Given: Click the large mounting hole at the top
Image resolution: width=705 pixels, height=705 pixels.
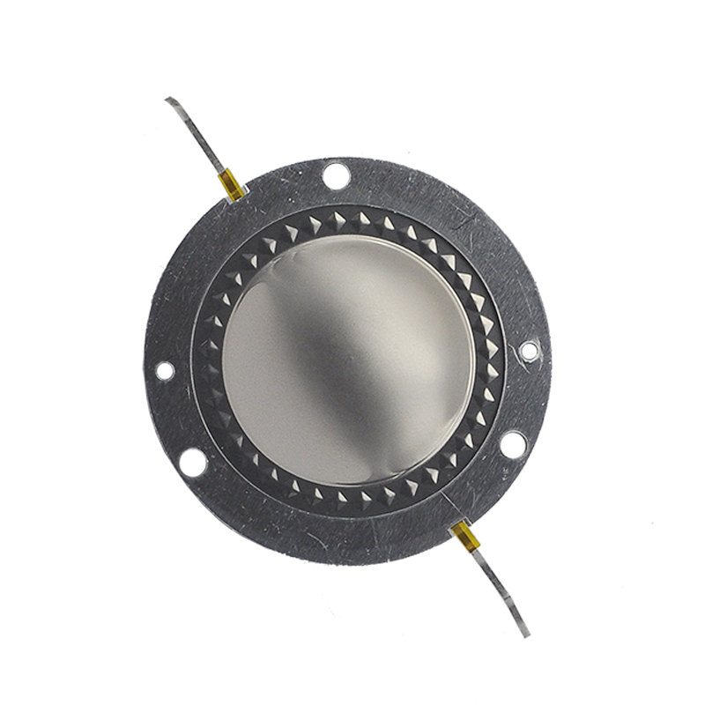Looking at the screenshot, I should (x=336, y=174).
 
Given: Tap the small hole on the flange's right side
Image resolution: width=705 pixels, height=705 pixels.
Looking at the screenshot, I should (x=528, y=351).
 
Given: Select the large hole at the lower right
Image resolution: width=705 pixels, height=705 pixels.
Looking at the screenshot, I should (x=514, y=443).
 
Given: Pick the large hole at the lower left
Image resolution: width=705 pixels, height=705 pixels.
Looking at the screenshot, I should (x=190, y=460).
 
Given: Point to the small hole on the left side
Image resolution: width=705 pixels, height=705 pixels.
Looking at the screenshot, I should (x=165, y=371).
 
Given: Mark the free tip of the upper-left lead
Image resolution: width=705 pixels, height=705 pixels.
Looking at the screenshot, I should (x=168, y=100).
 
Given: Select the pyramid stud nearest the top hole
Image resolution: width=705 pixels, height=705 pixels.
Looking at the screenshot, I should (x=338, y=214).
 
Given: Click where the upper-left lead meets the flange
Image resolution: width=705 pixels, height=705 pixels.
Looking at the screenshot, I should (x=238, y=198).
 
